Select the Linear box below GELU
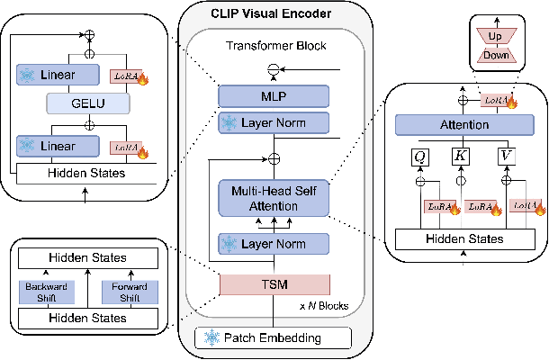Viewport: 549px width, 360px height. tap(58, 143)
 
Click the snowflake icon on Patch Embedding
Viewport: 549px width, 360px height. tap(212, 338)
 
